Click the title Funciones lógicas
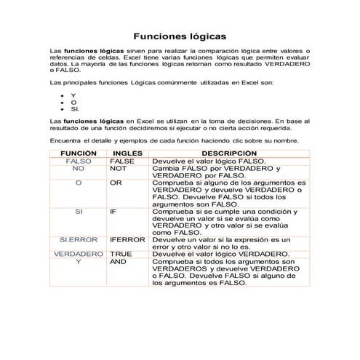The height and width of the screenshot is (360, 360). coord(180,35)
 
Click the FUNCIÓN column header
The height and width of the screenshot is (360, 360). coord(77,153)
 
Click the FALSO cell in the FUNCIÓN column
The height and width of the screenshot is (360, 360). coord(78,161)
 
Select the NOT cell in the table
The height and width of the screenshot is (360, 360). coord(119,168)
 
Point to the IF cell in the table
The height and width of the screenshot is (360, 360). coord(113,212)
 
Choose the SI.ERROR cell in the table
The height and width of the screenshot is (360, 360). coord(78,240)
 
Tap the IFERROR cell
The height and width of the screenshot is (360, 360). coord(128,240)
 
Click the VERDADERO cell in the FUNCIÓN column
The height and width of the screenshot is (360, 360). coord(78,255)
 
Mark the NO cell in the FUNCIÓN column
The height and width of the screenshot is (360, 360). coord(78,168)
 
